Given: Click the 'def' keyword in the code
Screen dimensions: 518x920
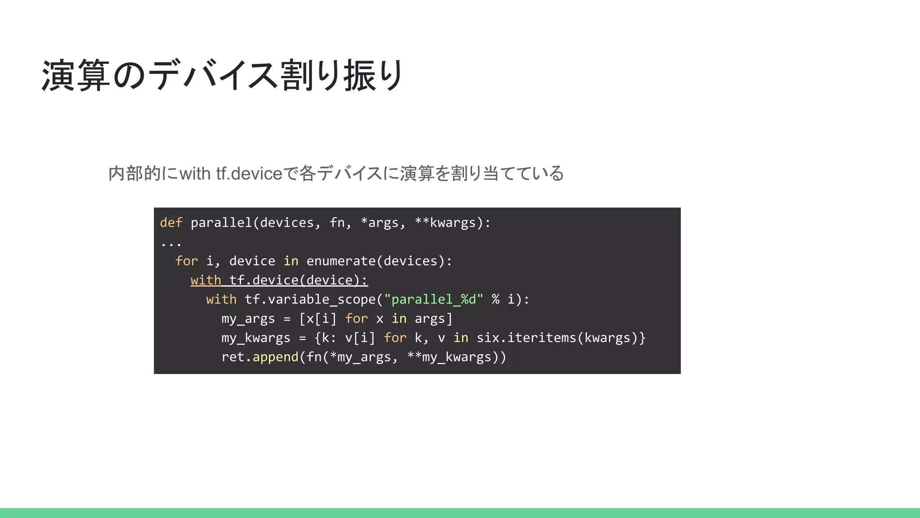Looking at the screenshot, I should point(171,223).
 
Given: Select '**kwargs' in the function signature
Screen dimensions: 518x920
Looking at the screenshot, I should point(445,223).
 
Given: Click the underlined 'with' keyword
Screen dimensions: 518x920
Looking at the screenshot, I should point(206,280).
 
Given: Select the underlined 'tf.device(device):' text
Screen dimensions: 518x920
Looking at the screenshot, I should point(298,280).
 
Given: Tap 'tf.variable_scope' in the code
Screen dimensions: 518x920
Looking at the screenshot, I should point(310,299).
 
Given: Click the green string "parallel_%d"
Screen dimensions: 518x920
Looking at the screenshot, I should point(433,299).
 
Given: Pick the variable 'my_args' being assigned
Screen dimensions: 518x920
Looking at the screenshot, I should point(248,319).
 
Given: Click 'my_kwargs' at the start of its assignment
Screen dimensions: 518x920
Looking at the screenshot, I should point(256,338).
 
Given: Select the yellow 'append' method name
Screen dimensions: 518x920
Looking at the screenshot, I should point(275,357).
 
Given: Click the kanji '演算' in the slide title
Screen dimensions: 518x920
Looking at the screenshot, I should point(75,76).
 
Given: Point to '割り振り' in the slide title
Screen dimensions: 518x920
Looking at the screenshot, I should point(342,76).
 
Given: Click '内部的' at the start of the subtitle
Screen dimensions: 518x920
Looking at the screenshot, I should point(135,174).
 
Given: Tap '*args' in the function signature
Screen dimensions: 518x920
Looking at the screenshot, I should point(380,223).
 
